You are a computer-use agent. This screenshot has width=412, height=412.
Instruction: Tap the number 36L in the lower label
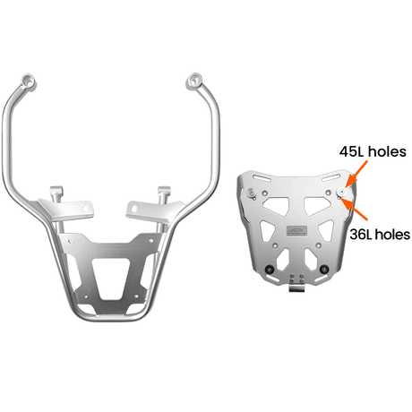click(361, 235)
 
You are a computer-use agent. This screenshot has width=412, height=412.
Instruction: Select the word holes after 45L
click(387, 151)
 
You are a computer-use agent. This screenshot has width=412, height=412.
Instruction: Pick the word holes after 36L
click(392, 235)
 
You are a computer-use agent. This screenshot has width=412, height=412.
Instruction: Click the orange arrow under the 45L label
click(358, 172)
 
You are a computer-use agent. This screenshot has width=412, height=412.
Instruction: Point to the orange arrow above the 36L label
click(355, 210)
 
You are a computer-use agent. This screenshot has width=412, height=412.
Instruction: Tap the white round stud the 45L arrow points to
click(342, 192)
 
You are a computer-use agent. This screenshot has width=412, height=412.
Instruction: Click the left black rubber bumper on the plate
click(270, 270)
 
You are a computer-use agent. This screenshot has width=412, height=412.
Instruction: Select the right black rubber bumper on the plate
click(324, 270)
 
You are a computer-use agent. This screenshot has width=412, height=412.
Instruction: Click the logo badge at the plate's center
click(296, 230)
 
